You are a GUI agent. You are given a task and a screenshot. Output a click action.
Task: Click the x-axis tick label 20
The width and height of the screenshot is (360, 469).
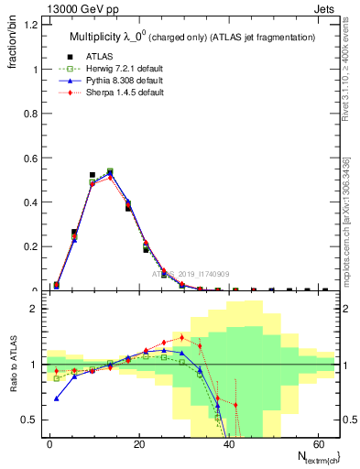pos(137,444)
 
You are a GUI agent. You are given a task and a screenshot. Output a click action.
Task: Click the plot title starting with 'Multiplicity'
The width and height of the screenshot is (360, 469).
pos(193,38)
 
